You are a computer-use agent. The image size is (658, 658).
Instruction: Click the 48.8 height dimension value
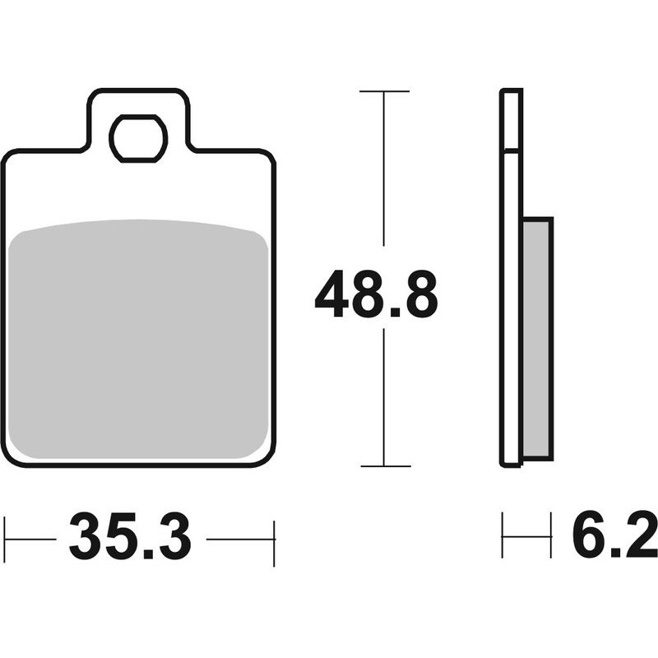[377, 294]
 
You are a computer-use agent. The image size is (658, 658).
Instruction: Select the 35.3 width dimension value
[131, 536]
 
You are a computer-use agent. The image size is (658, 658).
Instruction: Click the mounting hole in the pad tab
[138, 138]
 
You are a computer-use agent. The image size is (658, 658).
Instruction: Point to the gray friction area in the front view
[138, 339]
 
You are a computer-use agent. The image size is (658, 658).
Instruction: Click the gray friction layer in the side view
[538, 338]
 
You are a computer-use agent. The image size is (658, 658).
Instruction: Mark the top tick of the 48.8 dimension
[384, 91]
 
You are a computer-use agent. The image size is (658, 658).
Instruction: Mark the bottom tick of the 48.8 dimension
[385, 466]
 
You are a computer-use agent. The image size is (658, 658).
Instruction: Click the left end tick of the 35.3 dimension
[4, 540]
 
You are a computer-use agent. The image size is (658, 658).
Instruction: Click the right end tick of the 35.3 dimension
[274, 544]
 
